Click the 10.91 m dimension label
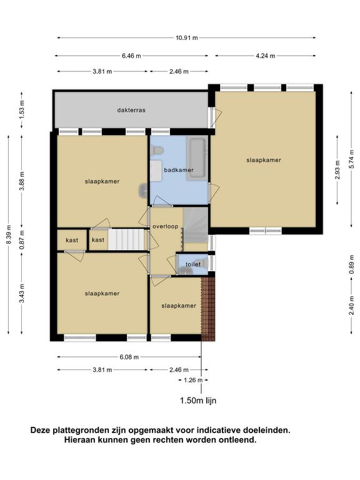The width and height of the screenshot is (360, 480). tap(187, 38)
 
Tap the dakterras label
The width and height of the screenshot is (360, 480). tap(131, 110)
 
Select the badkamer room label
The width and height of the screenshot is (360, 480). tap(179, 170)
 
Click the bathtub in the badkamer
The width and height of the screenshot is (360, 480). tap(197, 159)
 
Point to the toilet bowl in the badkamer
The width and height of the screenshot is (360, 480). tap(157, 150)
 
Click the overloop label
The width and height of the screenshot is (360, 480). tap(165, 226)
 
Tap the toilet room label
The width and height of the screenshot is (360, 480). tap(193, 264)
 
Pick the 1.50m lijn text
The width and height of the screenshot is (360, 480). tap(198, 401)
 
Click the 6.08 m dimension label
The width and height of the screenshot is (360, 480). tap(129, 357)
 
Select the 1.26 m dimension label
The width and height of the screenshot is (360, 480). tap(193, 380)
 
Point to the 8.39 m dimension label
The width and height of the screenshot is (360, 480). tap(9, 234)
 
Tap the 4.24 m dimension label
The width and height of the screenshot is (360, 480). tap(266, 56)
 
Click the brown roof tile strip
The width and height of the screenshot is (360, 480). tap(208, 309)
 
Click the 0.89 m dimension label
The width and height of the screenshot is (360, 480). tap(352, 264)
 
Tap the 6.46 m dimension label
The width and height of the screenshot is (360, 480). tap(132, 56)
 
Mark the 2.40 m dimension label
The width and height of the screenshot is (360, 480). tap(352, 306)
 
